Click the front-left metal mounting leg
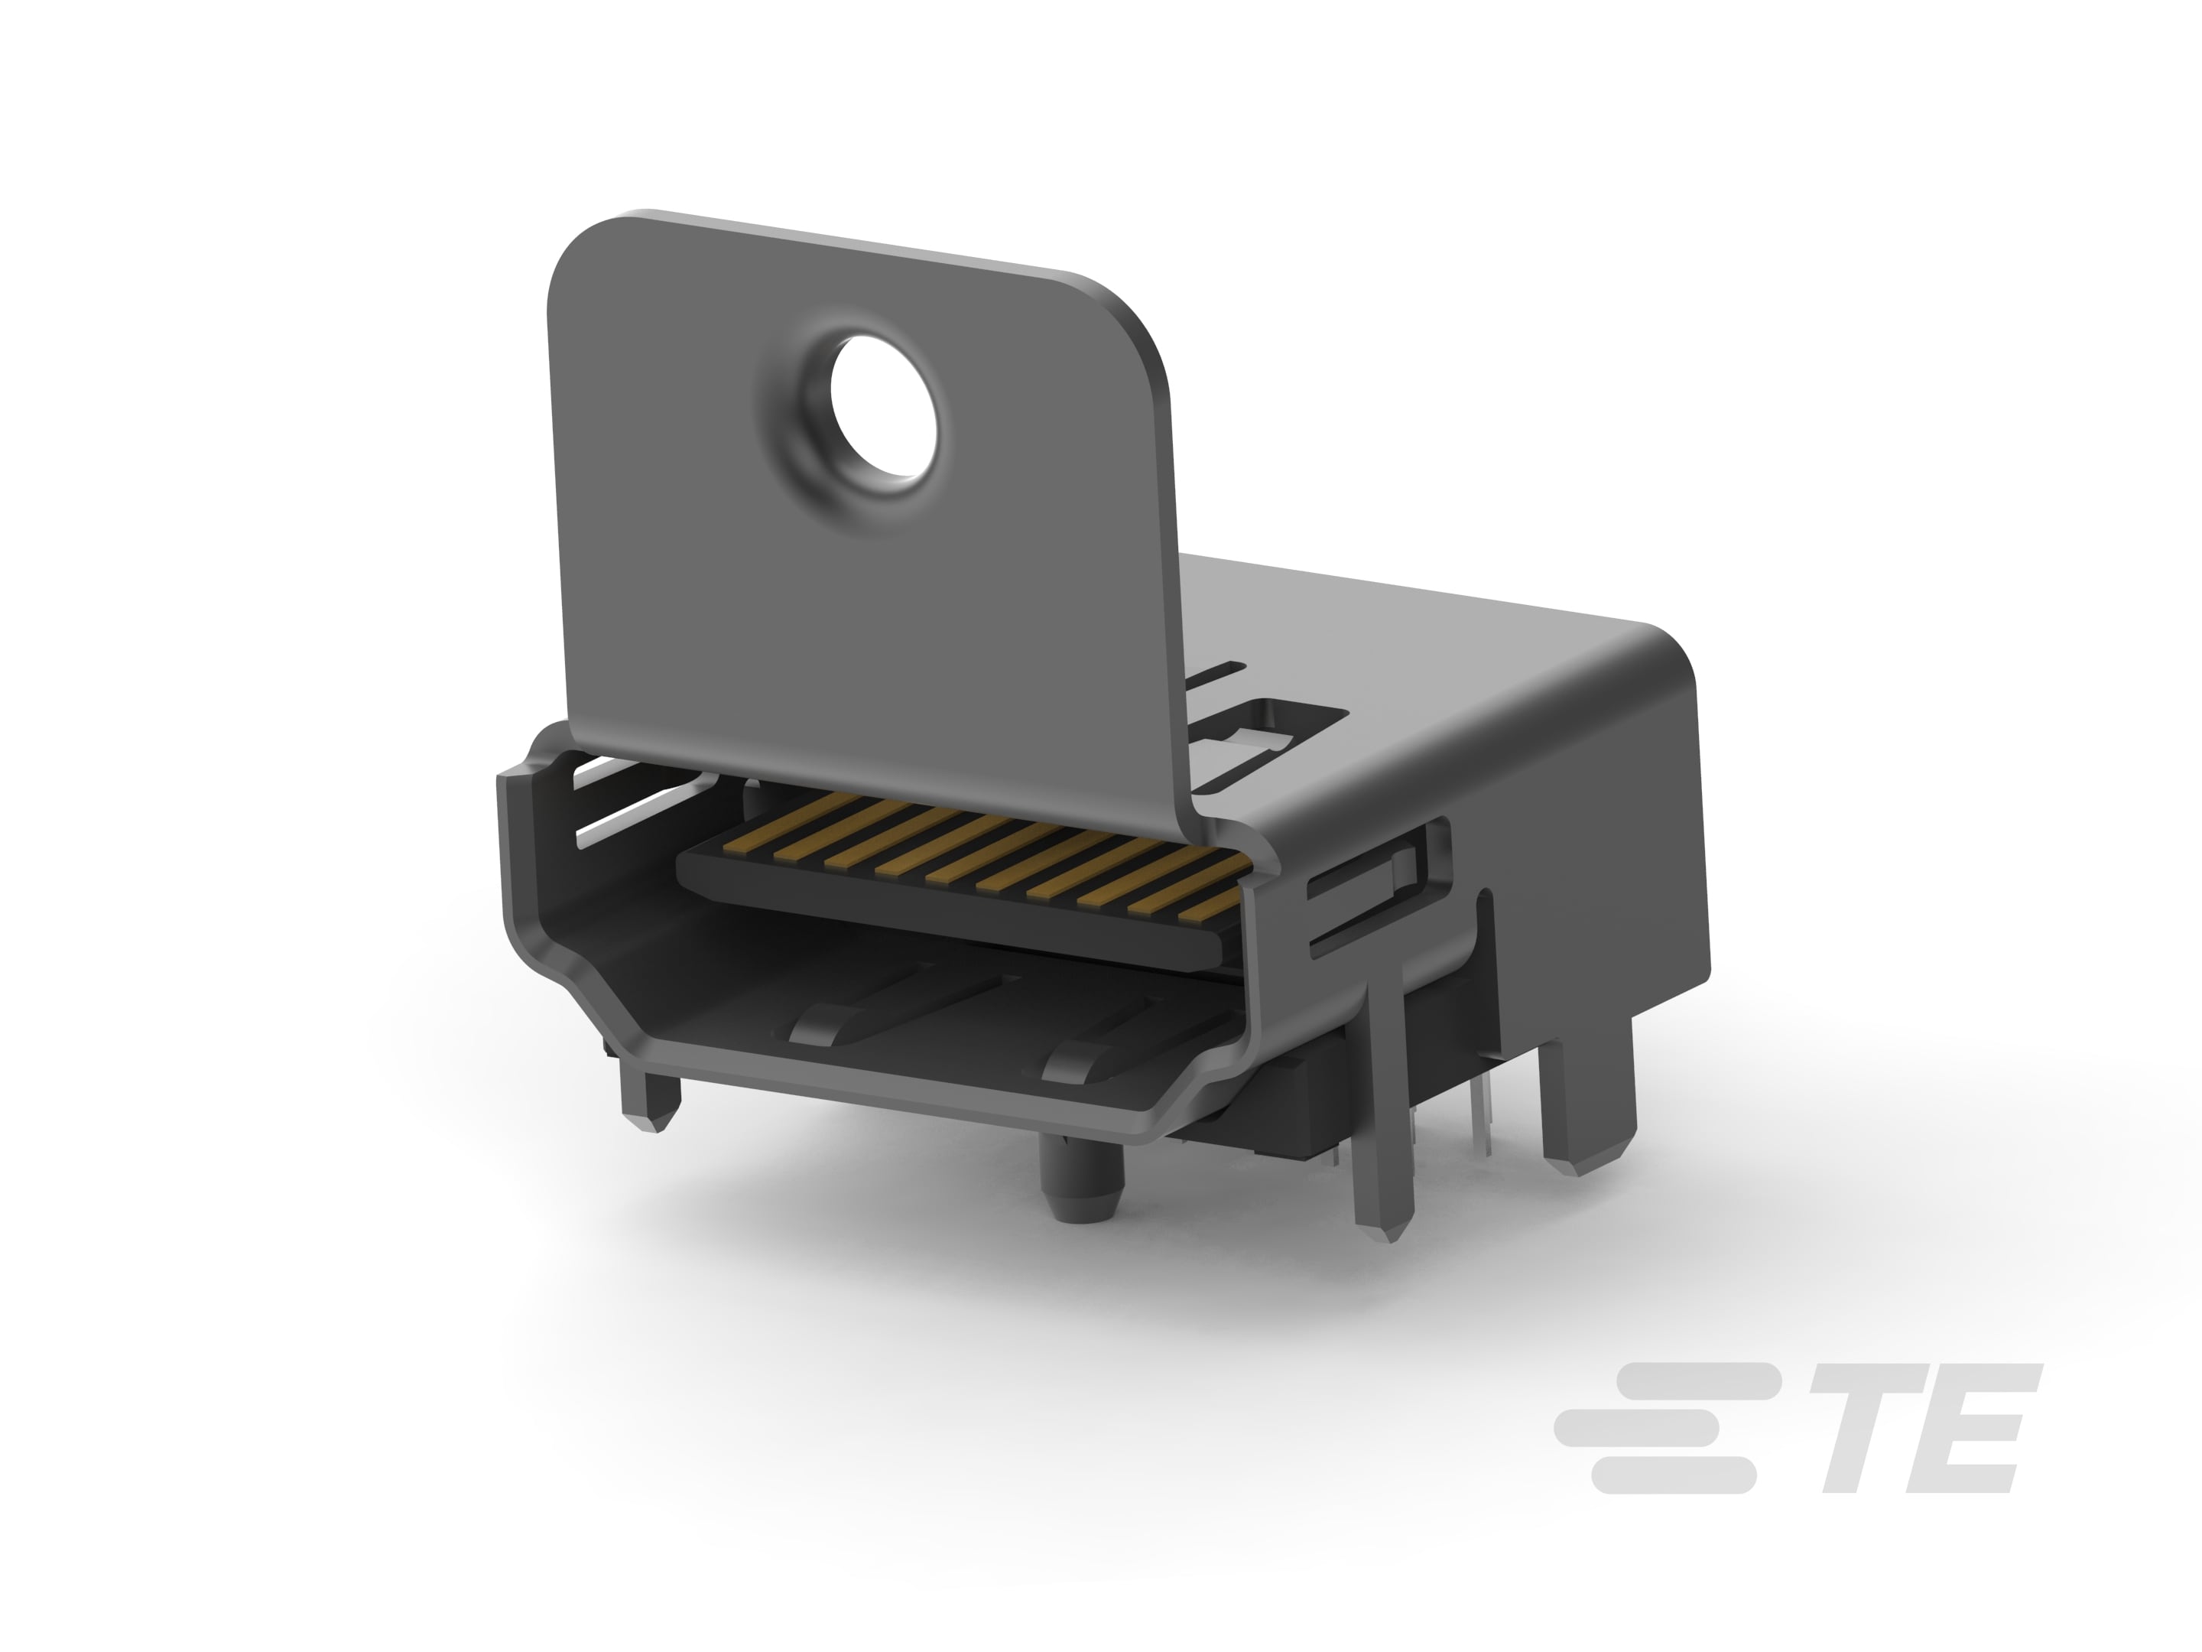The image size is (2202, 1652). pyautogui.click(x=648, y=1096)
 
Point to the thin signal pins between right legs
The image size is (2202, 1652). pyautogui.click(x=1473, y=1125)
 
